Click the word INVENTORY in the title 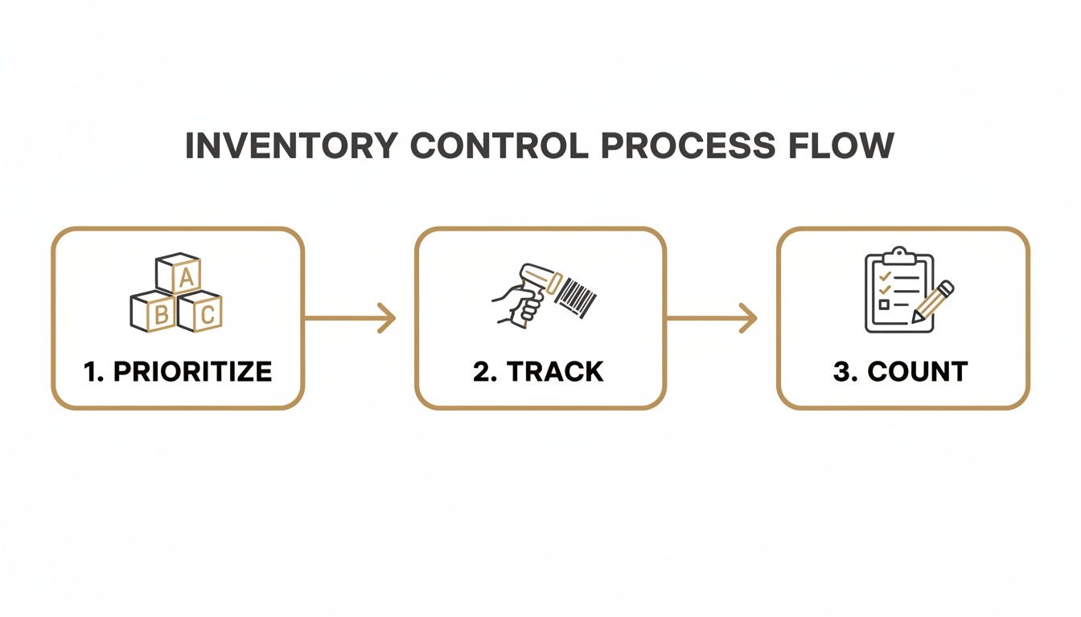(291, 146)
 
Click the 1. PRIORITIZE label (178, 371)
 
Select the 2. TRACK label (539, 371)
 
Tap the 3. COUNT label (901, 371)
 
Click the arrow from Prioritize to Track (351, 318)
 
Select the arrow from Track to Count (713, 318)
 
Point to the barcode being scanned (577, 295)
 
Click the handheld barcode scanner (538, 281)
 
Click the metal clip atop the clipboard (899, 255)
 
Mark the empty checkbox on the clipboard (884, 305)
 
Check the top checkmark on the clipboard (885, 276)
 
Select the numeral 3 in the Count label (841, 371)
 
